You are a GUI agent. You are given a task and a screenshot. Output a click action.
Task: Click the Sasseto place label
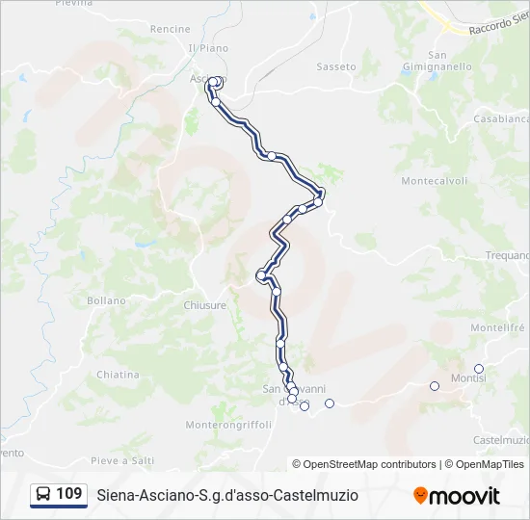336,67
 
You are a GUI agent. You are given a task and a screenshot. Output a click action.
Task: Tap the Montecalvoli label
434,181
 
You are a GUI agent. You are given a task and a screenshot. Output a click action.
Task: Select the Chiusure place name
205,305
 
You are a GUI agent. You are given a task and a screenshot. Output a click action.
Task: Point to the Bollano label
106,300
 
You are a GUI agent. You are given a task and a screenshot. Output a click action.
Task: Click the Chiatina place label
118,375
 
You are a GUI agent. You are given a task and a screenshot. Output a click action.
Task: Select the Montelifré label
496,327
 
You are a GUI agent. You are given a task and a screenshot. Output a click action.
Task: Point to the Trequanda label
507,255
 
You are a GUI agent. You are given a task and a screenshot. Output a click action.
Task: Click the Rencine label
171,29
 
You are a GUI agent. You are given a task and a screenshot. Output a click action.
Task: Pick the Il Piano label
209,48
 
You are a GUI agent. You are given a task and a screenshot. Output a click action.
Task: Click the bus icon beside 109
44,495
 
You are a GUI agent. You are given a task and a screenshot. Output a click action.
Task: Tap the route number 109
69,494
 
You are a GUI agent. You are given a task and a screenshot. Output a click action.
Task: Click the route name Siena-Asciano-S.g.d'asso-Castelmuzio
227,495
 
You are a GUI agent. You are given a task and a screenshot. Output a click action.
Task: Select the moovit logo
457,496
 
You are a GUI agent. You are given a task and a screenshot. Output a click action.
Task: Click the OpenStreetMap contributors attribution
364,464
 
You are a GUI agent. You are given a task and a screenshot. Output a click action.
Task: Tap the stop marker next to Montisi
479,369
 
